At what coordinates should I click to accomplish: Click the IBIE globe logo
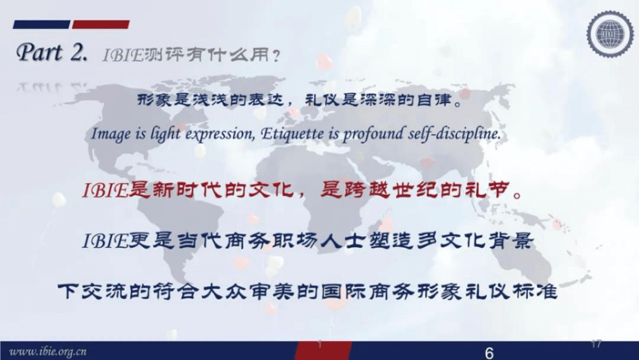point(610,33)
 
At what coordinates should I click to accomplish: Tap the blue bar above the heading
point(42,25)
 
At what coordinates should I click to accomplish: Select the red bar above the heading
point(101,25)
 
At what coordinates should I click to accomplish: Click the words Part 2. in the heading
point(52,53)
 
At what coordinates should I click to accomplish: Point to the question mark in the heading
point(276,56)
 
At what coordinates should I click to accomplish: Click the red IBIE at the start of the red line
point(105,190)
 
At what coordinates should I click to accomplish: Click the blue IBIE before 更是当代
point(105,241)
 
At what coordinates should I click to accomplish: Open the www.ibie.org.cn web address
point(48,351)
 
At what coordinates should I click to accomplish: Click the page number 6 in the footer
point(489,352)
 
